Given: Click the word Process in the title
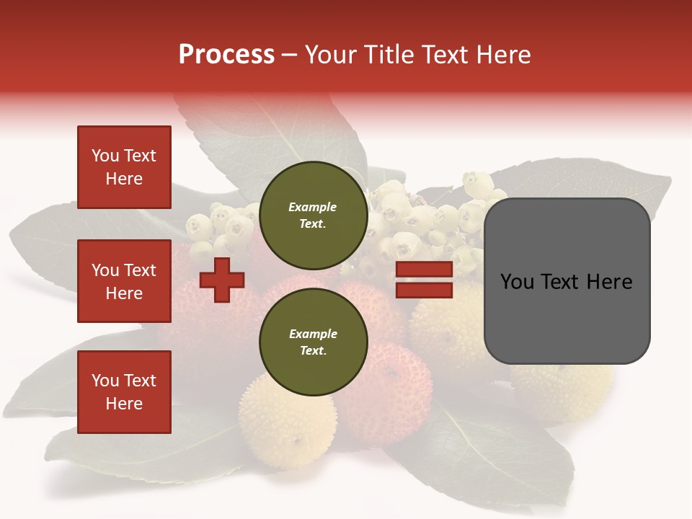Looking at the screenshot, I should pos(226,55).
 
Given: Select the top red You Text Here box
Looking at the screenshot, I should pos(124,167).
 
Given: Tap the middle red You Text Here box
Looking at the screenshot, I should pos(124,281).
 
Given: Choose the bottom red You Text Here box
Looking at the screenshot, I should pos(124,392).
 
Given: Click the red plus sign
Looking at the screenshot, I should pos(222,280).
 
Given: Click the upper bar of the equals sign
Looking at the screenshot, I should pos(424,270).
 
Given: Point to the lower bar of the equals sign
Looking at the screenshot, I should pos(424,290).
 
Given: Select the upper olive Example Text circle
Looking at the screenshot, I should pos(313,216).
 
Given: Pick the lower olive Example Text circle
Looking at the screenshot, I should pos(313,342).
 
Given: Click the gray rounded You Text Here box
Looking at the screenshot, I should pos(567,281).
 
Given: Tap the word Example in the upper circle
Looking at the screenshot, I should pos(313,207).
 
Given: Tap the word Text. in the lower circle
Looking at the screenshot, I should pos(313,351).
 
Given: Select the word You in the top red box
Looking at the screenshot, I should pos(105,156).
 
